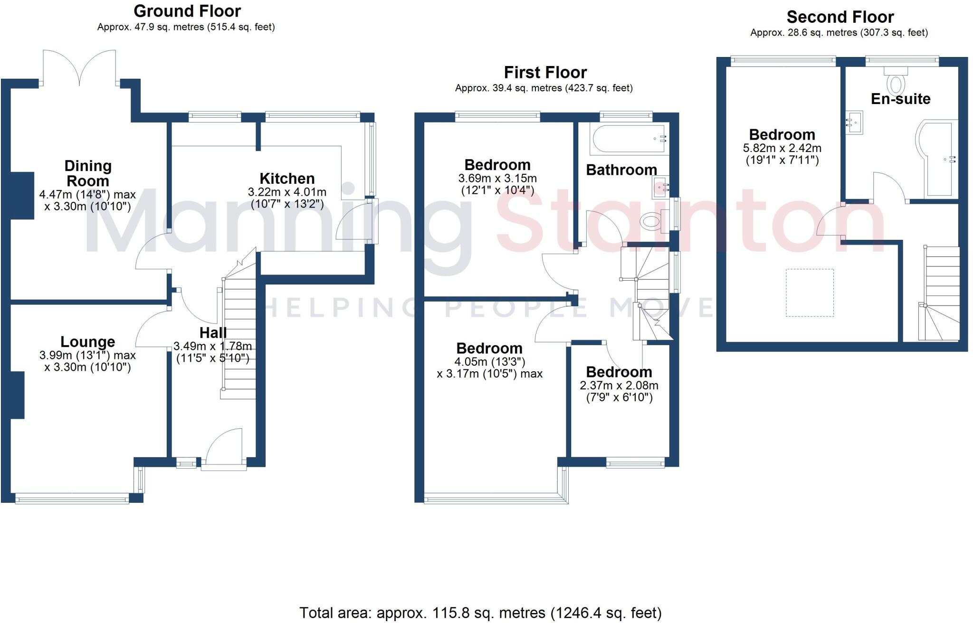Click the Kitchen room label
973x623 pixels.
pos(287,179)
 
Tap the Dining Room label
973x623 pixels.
pos(88,173)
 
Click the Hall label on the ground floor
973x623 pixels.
pos(213,332)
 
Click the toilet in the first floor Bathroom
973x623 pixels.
pos(651,221)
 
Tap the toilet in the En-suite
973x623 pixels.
pos(896,84)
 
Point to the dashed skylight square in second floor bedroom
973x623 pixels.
pos(810,293)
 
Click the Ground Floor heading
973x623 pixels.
pos(187,11)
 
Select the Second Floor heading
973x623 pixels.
pos(840,17)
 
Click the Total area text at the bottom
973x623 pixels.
pos(480,613)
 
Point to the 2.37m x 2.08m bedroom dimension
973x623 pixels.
pos(619,386)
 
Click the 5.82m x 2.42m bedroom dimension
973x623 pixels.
pos(782,148)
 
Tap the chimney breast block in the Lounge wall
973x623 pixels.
pos(18,395)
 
